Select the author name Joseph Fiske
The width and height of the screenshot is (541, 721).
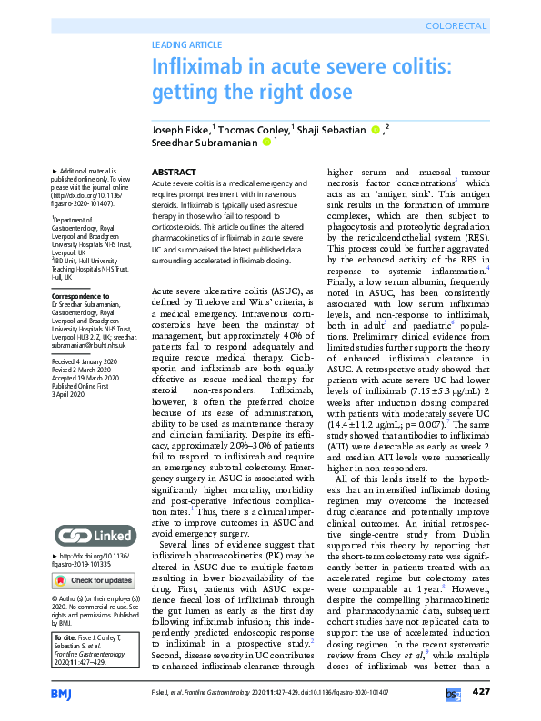(x=179, y=129)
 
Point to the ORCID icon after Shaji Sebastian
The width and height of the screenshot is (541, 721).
(x=376, y=129)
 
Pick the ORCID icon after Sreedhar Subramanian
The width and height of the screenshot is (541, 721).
(x=266, y=142)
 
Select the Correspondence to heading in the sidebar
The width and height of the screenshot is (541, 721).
(x=82, y=295)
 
